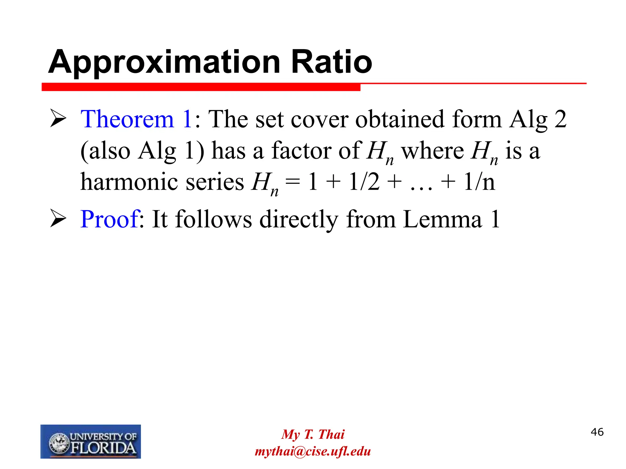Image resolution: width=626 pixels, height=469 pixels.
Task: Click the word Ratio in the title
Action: [x=332, y=62]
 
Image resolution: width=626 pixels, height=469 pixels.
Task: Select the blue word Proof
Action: [x=109, y=219]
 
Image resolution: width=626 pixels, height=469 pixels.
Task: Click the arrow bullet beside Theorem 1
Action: [x=58, y=119]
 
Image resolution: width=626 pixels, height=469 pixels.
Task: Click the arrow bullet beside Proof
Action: [x=58, y=219]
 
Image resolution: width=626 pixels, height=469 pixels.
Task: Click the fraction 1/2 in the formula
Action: [x=364, y=182]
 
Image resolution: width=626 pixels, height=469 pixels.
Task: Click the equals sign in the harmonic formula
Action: [x=293, y=182]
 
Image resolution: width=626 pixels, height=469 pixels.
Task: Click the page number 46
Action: [x=597, y=432]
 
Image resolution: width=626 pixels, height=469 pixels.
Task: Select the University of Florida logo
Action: [x=90, y=442]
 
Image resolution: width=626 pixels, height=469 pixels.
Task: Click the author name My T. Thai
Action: [x=313, y=434]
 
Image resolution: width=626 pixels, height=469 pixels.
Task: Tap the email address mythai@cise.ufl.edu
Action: [x=313, y=451]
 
